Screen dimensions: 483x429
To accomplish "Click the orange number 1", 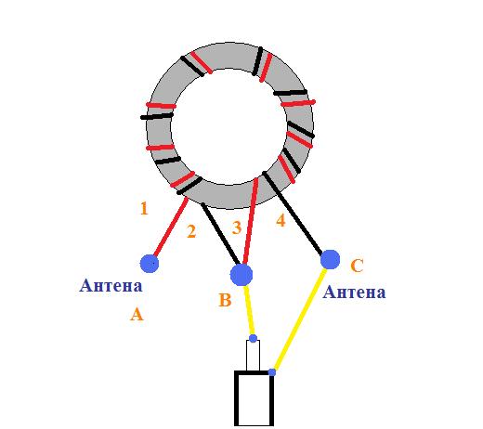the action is [144, 208].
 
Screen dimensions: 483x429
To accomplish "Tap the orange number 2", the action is [191, 231].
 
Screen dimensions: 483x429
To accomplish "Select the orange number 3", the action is [237, 227].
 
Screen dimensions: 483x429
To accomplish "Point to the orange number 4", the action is [281, 221].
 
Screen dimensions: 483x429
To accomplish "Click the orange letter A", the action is [137, 314].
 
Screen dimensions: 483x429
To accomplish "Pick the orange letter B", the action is [225, 300].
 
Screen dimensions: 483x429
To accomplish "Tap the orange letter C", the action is [357, 266].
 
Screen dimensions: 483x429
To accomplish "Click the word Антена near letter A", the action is [111, 285].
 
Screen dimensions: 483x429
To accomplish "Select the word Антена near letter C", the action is [354, 292].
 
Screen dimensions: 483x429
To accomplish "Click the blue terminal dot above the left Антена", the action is [150, 264].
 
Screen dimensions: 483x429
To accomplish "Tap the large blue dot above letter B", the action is [241, 275].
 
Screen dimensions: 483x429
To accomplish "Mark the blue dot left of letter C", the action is [330, 259].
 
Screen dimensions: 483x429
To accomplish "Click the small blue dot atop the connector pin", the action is [253, 338].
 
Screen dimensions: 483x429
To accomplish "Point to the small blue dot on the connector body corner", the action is [272, 372].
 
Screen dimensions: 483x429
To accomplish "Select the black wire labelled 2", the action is [220, 234].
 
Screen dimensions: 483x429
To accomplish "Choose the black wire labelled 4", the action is [292, 213].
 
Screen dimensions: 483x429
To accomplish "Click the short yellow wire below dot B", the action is [249, 310].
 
